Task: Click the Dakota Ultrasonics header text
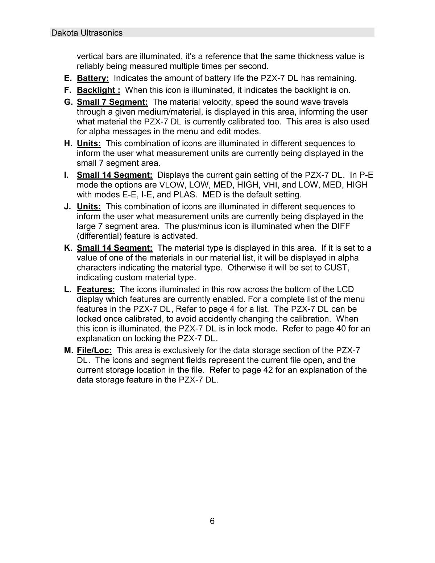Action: click(87, 33)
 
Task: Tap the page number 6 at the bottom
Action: click(212, 521)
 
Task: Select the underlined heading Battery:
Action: click(93, 78)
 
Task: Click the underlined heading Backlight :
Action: click(99, 90)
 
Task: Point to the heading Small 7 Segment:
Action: click(112, 102)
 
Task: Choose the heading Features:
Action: click(96, 289)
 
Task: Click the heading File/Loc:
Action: click(94, 350)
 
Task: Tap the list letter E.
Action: click(68, 78)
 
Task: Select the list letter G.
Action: click(68, 102)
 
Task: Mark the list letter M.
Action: click(69, 350)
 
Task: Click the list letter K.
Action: click(68, 248)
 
